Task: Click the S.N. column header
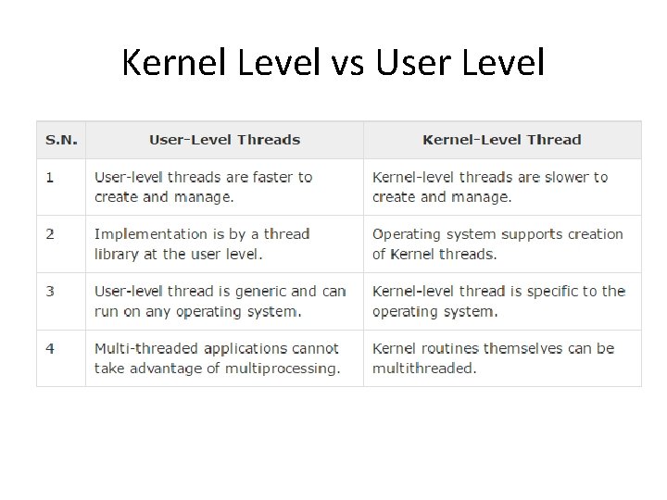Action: coord(61,140)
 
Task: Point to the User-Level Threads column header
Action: coord(224,140)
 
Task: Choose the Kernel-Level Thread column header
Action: coord(501,140)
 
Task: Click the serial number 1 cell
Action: coord(50,177)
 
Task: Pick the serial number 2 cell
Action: coord(50,234)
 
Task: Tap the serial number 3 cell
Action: coord(50,292)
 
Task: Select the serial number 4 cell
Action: coord(50,349)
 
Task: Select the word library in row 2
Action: coord(116,254)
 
